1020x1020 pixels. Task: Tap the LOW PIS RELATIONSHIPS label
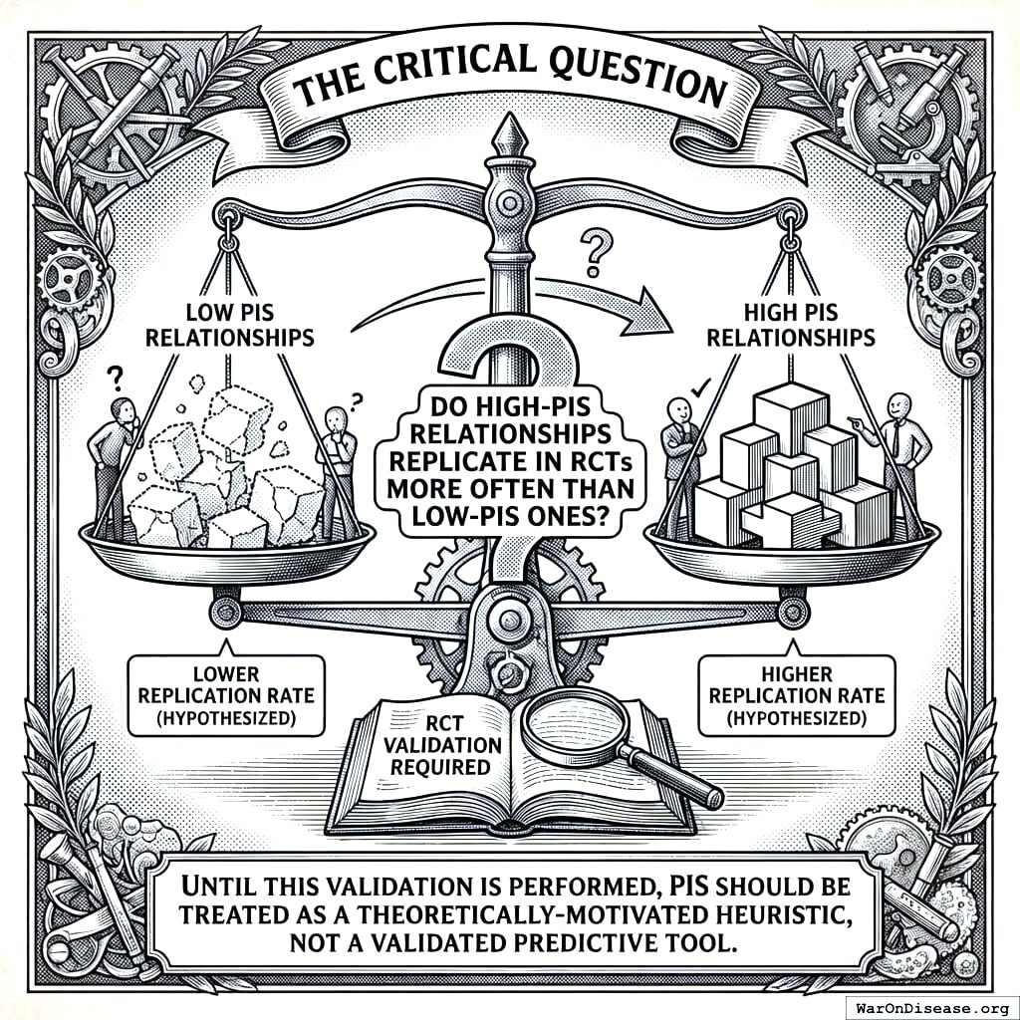point(230,325)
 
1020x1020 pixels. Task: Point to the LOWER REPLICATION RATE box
point(223,692)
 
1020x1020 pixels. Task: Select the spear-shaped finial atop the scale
point(510,139)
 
